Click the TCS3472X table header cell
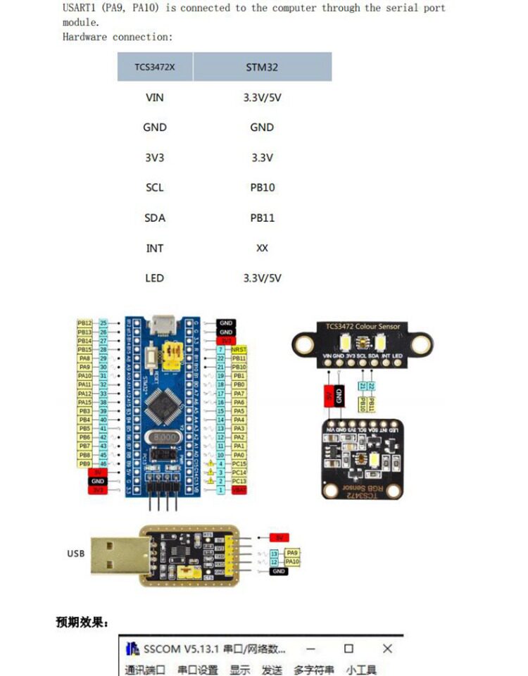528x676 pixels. (155, 68)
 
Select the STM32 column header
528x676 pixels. (262, 68)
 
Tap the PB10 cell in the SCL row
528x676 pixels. (262, 188)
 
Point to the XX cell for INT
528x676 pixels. (262, 248)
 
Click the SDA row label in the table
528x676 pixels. (155, 218)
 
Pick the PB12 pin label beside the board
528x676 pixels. (84, 323)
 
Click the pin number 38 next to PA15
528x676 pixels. (103, 402)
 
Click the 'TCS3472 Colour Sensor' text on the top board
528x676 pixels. (362, 327)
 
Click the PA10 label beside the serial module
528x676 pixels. (292, 562)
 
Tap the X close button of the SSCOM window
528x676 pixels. (387, 648)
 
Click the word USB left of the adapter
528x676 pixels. (75, 553)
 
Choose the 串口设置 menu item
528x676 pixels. (198, 670)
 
